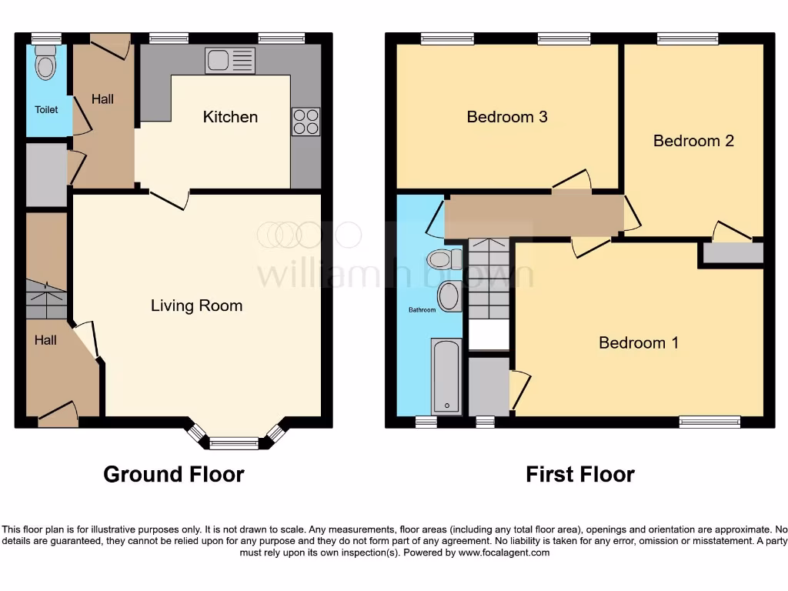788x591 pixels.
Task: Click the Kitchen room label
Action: point(230,117)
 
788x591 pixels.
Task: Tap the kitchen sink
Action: point(230,61)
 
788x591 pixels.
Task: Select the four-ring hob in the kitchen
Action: point(306,122)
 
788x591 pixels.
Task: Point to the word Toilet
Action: point(46,110)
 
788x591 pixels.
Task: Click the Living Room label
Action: point(196,306)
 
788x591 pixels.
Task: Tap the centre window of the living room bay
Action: point(234,442)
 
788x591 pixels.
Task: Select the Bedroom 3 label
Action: point(507,117)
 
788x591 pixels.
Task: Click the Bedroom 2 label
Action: point(693,141)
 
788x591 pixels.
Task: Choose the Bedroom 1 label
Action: point(639,342)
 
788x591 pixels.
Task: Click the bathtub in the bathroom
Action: point(446,376)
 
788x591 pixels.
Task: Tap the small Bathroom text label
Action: point(422,310)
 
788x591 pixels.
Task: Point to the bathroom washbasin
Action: point(449,296)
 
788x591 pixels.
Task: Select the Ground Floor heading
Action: point(174,474)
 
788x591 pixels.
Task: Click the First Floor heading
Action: point(580,474)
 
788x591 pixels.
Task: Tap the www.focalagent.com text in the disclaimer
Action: point(506,553)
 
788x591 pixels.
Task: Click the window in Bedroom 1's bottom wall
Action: point(710,422)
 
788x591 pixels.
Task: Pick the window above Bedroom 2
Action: point(687,38)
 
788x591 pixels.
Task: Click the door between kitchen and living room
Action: point(169,199)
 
